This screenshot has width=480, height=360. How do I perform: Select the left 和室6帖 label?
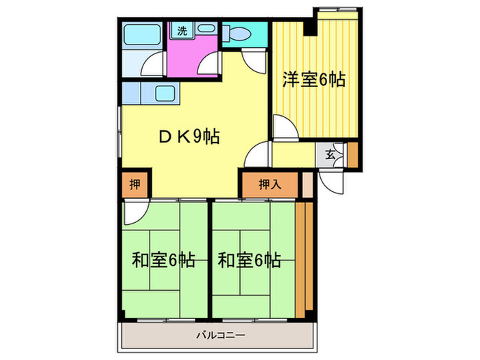[x=163, y=261]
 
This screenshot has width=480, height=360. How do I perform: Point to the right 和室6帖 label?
[x=249, y=261]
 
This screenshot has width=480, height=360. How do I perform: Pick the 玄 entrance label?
[x=331, y=154]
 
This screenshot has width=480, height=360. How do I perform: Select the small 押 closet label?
[x=134, y=184]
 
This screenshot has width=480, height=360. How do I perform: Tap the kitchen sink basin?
[x=165, y=93]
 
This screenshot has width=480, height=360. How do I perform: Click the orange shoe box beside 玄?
[x=352, y=155]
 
